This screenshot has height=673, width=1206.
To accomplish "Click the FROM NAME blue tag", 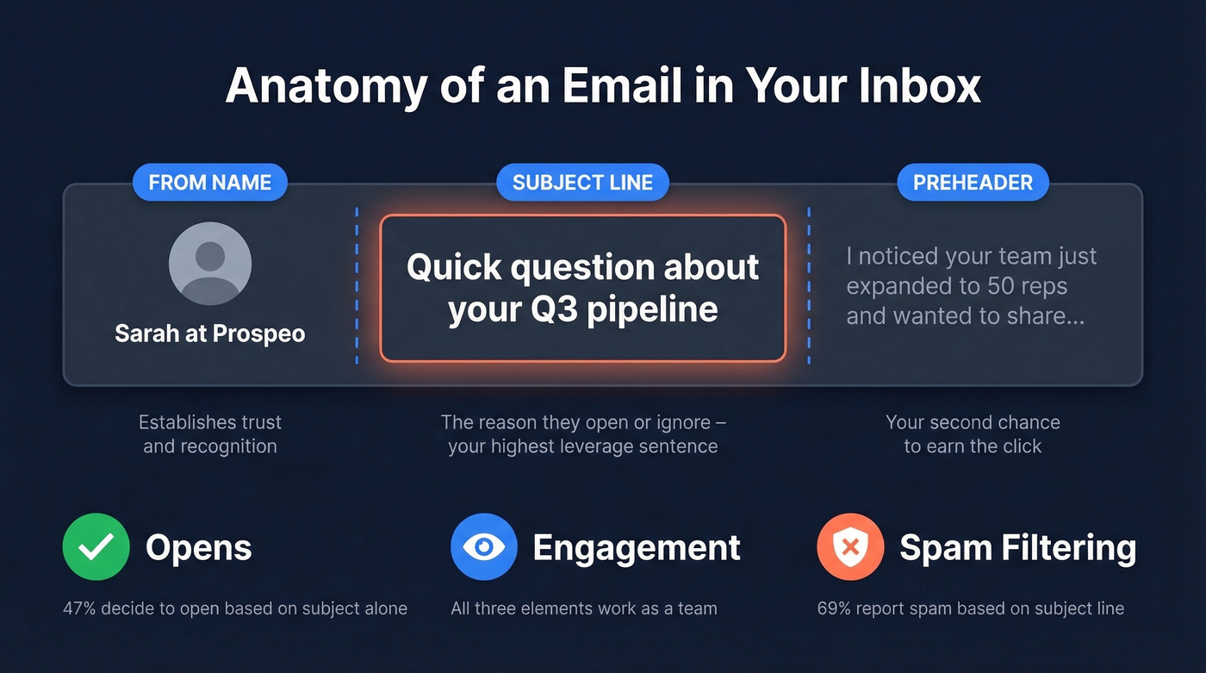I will point(209,183).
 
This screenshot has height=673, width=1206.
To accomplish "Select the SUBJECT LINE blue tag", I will point(582,183).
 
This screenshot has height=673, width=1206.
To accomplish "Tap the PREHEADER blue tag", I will point(973,183).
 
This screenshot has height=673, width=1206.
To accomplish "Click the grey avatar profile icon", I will point(209,264).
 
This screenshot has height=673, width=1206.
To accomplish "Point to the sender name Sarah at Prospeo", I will point(209,333).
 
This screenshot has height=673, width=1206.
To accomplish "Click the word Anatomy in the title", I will point(326,85).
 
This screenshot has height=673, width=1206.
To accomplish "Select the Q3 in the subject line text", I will point(547,308).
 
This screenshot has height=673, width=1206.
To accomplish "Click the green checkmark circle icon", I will point(96,547).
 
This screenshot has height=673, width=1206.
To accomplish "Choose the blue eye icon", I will point(483,547).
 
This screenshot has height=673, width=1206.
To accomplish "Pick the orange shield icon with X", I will point(850,547).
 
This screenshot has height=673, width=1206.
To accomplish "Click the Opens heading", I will point(198,548).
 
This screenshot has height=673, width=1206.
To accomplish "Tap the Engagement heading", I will point(637,548).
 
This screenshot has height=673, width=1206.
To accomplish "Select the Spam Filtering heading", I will point(1017,548).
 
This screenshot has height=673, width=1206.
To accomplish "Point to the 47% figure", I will point(79,608).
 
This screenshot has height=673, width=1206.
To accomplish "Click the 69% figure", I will point(834,608).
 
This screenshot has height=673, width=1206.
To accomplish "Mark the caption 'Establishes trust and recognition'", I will point(209,434).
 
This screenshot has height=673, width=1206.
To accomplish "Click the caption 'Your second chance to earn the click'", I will point(973,434).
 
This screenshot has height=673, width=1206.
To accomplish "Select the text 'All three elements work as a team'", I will point(583,608).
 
